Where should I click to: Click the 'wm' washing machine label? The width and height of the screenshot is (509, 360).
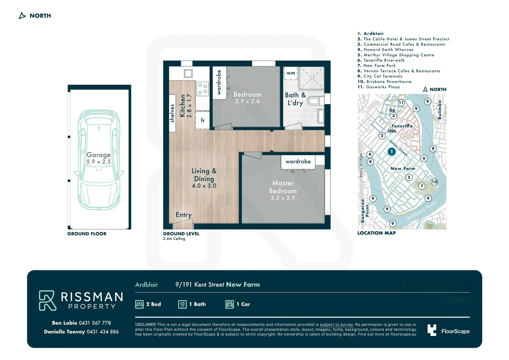[290, 73]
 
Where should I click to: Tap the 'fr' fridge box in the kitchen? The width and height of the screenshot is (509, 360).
[203, 120]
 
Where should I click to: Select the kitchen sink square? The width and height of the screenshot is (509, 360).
[188, 73]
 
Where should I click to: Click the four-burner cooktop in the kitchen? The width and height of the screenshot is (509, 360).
[203, 89]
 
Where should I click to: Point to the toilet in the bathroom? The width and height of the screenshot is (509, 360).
[315, 101]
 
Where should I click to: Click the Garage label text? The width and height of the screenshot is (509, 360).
[99, 155]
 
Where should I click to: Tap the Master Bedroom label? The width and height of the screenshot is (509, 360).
[283, 187]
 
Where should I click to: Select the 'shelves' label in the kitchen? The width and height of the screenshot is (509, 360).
[172, 113]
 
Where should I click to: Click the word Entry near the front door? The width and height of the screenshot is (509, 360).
[184, 215]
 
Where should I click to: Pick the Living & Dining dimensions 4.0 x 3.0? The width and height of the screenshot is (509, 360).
[204, 186]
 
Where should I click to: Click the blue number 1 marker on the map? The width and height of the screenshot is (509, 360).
[391, 151]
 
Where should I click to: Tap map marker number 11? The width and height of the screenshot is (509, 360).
[401, 103]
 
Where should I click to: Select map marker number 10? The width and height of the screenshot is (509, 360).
[434, 182]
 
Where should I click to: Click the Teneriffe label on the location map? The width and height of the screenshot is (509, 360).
[402, 126]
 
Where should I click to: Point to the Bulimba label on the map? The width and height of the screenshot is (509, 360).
[439, 110]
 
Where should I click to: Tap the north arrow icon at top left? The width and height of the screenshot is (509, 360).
[22, 15]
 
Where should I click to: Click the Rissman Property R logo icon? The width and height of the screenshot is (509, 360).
[47, 300]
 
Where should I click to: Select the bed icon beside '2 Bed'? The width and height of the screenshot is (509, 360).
[139, 304]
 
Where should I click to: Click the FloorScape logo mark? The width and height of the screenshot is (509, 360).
[432, 330]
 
